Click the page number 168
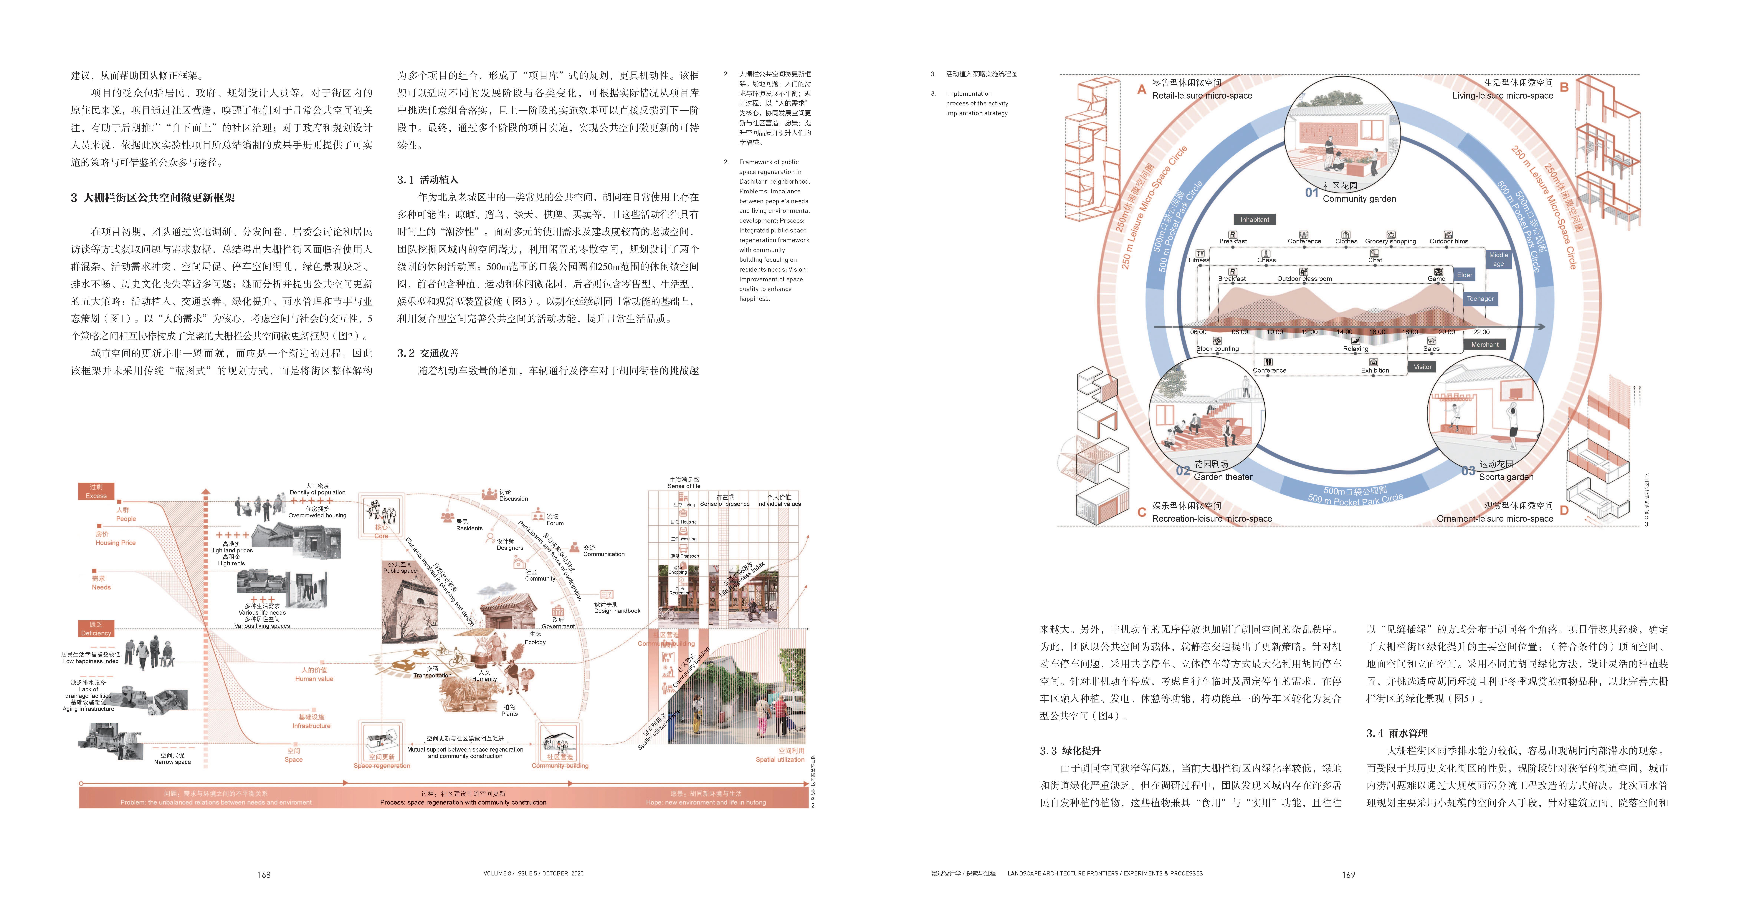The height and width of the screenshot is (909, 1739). point(264,875)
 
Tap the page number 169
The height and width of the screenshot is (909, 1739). point(1348,875)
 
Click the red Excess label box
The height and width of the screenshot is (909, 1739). point(96,491)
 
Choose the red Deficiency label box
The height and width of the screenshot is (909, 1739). point(96,629)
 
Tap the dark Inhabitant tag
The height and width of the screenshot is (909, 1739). point(1254,219)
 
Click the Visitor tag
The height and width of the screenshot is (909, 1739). point(1422,366)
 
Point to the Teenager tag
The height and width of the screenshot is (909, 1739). point(1480,298)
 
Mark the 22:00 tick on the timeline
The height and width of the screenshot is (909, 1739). point(1481,332)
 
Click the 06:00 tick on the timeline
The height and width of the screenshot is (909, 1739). point(1198,332)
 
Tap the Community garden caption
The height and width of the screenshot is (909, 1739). point(1359,198)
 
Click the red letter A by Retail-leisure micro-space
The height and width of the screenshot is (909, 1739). point(1142,90)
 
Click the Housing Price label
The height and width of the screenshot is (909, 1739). point(115,543)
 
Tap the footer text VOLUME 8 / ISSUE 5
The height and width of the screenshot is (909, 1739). point(533,873)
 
